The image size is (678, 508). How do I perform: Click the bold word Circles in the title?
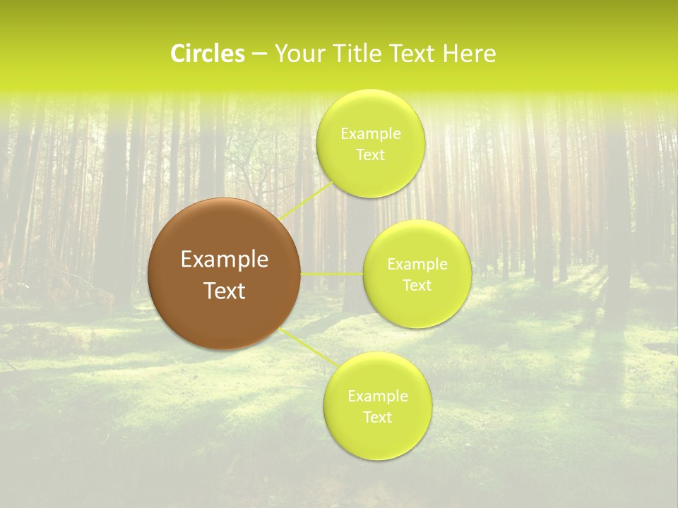pyautogui.click(x=208, y=54)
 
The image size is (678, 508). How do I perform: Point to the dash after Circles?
pyautogui.click(x=259, y=54)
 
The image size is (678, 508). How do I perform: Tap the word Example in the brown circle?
pyautogui.click(x=225, y=260)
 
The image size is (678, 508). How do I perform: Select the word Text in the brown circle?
pyautogui.click(x=225, y=291)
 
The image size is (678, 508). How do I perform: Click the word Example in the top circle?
pyautogui.click(x=370, y=134)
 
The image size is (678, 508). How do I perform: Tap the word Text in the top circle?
pyautogui.click(x=370, y=155)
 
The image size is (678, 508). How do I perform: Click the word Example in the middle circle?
pyautogui.click(x=417, y=265)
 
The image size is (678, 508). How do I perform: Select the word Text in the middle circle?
pyautogui.click(x=417, y=285)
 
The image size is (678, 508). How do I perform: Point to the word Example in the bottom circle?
pyautogui.click(x=377, y=397)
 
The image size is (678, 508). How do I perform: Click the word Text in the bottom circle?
pyautogui.click(x=377, y=417)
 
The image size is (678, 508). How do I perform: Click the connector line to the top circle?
pyautogui.click(x=307, y=200)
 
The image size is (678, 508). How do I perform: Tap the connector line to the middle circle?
pyautogui.click(x=332, y=274)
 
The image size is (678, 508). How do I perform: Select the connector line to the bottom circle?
pyautogui.click(x=308, y=346)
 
